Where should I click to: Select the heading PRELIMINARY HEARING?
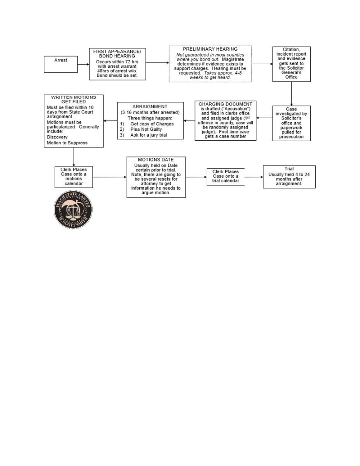pyautogui.click(x=210, y=49)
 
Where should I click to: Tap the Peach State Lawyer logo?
pyautogui.click(x=73, y=210)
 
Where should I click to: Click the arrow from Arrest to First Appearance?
pyautogui.click(x=84, y=64)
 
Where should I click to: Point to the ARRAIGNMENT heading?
pyautogui.click(x=150, y=106)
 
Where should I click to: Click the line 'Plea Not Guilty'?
pyautogui.click(x=146, y=129)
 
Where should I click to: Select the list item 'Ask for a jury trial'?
pyautogui.click(x=148, y=135)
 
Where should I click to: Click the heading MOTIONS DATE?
pyautogui.click(x=156, y=160)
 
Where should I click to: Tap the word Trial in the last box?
pyautogui.click(x=289, y=168)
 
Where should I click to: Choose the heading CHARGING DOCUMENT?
pyautogui.click(x=225, y=104)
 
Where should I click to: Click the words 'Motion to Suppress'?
pyautogui.click(x=67, y=143)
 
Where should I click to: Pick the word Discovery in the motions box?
pyautogui.click(x=57, y=137)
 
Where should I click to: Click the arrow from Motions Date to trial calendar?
pyautogui.click(x=196, y=177)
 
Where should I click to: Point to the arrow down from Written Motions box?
pyautogui.click(x=74, y=157)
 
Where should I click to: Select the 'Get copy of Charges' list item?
pyautogui.click(x=152, y=124)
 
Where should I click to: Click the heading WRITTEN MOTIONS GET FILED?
pyautogui.click(x=73, y=99)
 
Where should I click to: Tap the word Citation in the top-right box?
pyautogui.click(x=291, y=50)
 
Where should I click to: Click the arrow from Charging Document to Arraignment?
pyautogui.click(x=189, y=121)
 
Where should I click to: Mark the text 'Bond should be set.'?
pyautogui.click(x=117, y=76)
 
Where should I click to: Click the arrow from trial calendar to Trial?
pyautogui.click(x=254, y=177)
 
